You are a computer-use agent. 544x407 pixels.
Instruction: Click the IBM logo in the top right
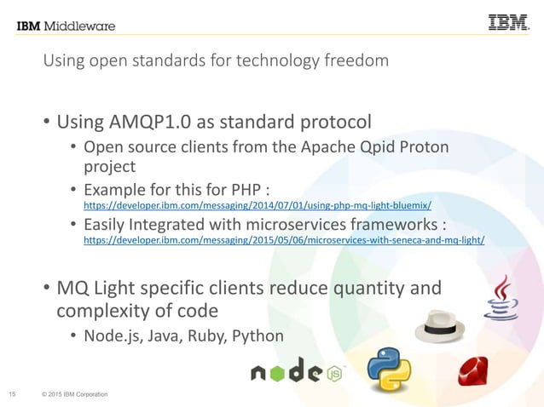[508, 23]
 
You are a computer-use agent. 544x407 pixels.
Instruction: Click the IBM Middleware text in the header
[66, 26]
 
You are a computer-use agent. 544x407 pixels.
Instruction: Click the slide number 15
[14, 393]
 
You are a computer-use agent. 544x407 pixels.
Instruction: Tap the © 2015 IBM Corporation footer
[73, 393]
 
